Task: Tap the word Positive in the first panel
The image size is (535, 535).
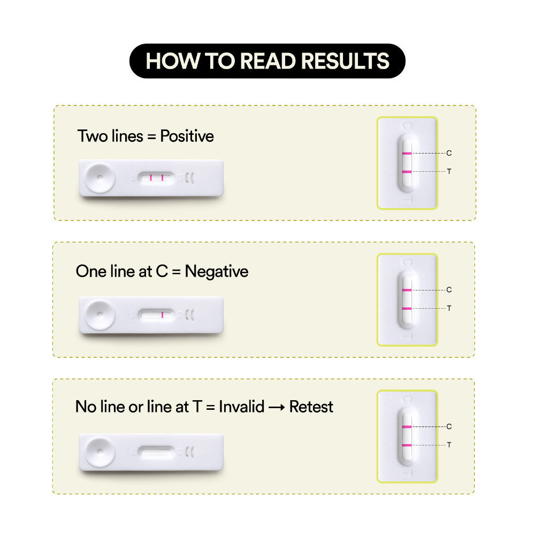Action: (x=187, y=136)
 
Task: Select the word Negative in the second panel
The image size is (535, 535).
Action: (x=216, y=272)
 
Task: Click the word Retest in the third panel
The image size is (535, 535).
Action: (x=311, y=407)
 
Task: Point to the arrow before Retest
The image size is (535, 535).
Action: (x=277, y=407)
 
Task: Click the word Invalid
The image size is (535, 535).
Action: (x=242, y=407)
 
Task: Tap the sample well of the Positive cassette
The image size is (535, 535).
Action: (x=100, y=178)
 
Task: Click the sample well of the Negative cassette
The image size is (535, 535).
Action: (x=100, y=315)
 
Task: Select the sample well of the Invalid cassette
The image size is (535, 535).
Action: (x=100, y=452)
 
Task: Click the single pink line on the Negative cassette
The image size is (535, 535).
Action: (x=162, y=315)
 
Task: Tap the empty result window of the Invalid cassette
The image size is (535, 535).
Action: (x=156, y=453)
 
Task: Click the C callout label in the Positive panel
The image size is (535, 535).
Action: (x=449, y=153)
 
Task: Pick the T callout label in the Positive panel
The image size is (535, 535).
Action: (x=449, y=171)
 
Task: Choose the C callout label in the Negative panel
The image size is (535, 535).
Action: (x=449, y=289)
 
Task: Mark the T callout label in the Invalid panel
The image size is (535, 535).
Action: (x=449, y=445)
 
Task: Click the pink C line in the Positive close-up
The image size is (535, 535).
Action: (x=407, y=154)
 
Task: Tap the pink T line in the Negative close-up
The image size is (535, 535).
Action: (x=407, y=309)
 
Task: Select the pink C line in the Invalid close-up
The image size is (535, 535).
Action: (x=407, y=427)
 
